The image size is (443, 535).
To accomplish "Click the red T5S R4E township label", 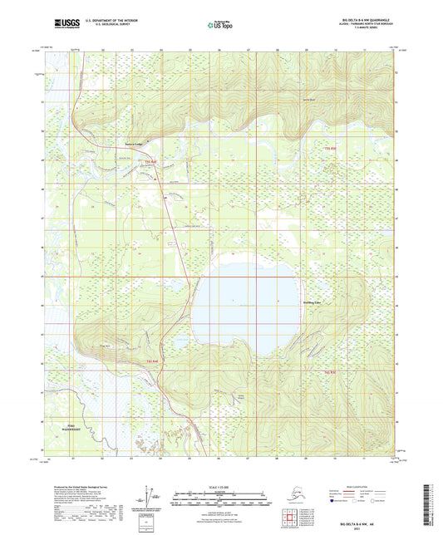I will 150,162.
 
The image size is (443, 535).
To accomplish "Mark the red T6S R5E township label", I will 326,371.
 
